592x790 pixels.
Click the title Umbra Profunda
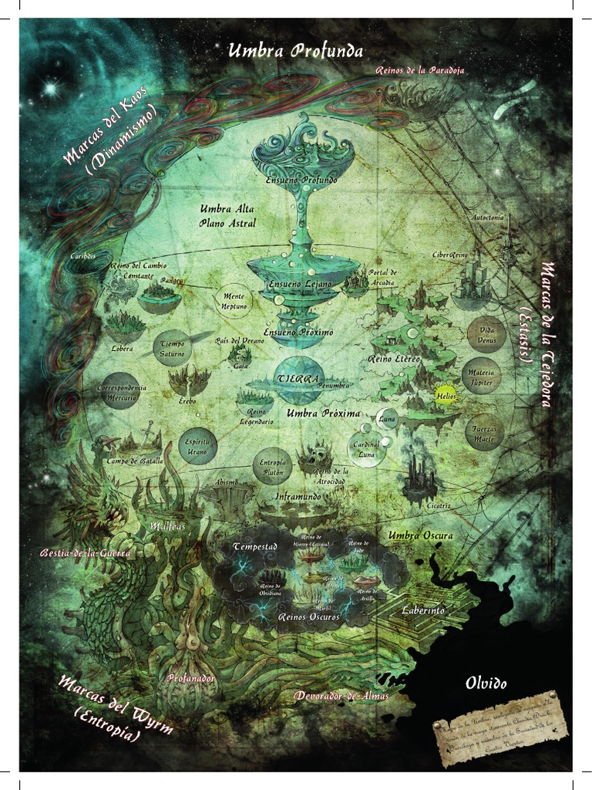click(x=296, y=52)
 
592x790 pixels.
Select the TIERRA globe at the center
click(x=300, y=380)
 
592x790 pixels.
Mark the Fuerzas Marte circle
click(x=484, y=432)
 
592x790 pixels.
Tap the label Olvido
click(x=486, y=683)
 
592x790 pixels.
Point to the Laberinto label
click(x=423, y=609)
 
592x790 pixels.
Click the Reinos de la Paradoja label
click(x=420, y=70)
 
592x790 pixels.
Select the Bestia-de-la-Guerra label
click(x=86, y=553)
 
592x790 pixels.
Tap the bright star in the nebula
click(x=50, y=89)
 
